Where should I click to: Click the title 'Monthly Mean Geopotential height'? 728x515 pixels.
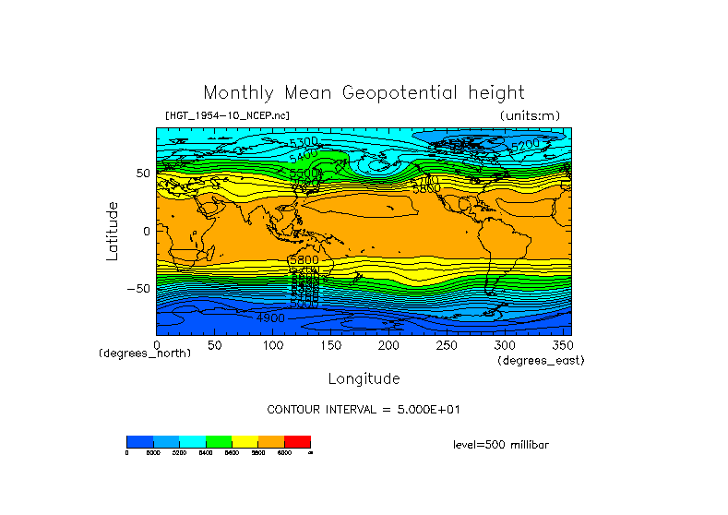pos(364,92)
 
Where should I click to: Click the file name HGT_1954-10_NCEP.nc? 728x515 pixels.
pos(226,115)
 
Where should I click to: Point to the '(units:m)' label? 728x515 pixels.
pos(529,115)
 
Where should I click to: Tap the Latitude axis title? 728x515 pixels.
pos(112,231)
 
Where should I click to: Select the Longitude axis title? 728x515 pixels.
pos(364,378)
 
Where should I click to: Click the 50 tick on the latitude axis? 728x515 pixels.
pos(142,173)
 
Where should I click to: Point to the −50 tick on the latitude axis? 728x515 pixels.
pos(137,288)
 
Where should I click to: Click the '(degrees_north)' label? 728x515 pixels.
pos(145,353)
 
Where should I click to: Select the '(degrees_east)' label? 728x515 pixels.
pos(541,361)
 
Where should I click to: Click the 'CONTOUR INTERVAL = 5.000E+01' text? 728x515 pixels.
pos(364,409)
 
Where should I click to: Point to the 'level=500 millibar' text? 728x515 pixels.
pos(501,444)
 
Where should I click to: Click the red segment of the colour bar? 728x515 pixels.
pos(297,441)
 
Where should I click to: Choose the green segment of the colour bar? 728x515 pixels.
pos(219,441)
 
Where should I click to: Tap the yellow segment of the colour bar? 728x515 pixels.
pos(245,441)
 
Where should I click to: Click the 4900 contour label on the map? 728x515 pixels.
pos(270,317)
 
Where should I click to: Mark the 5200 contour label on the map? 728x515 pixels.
pos(525,145)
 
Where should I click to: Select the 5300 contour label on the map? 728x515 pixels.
pos(304,142)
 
